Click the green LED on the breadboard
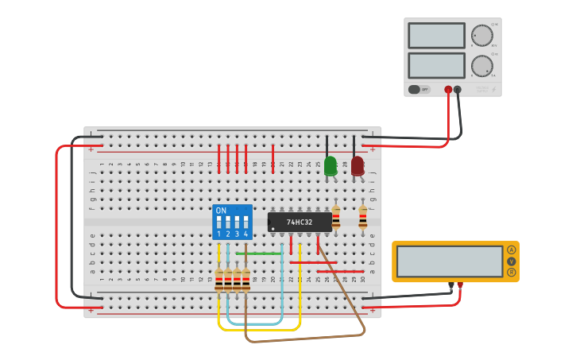pos(331,165)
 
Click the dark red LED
pos(358,165)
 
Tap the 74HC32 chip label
pos(300,223)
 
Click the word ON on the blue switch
pos(221,211)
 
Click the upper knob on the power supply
pos(481,36)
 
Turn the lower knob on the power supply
pos(481,65)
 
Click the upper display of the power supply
pos(436,36)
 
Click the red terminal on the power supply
pos(448,90)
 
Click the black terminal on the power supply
pos(458,90)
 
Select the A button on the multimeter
pos(511,250)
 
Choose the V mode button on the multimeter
pos(511,261)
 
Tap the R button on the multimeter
pos(511,273)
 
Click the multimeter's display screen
pos(450,261)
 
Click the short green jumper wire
pos(259,254)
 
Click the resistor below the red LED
pos(363,217)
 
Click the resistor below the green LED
pos(336,217)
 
